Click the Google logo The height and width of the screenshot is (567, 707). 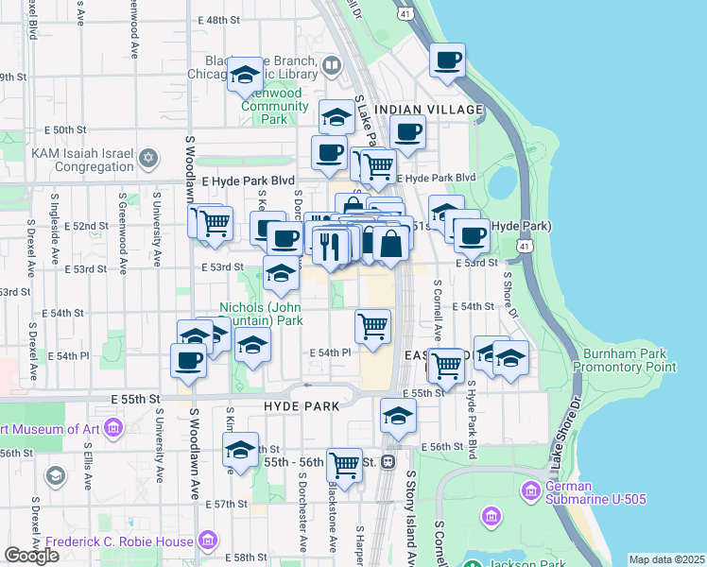point(31,556)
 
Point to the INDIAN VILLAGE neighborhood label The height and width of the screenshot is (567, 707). point(428,111)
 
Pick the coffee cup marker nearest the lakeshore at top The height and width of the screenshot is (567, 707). point(447,60)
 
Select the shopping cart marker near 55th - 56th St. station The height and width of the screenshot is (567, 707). point(344,464)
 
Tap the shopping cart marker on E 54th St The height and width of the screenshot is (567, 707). point(372,326)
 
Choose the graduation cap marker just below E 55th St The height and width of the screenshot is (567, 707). point(399,416)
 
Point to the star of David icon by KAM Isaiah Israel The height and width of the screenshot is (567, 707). point(147,157)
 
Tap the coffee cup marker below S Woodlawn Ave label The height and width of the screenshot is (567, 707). point(188,361)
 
